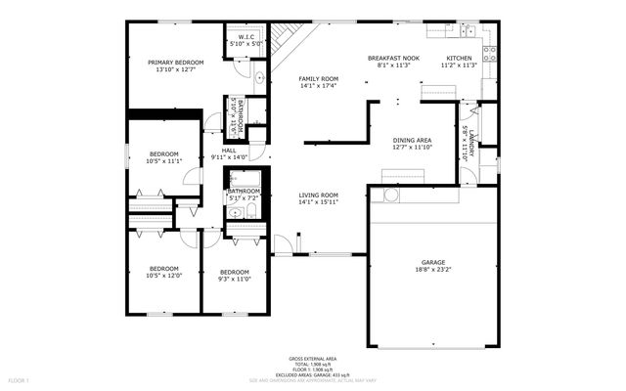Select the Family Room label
318,78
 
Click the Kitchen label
459,59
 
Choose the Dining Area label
412,141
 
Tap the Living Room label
318,195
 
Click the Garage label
433,262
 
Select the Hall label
229,151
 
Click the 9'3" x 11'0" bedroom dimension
235,280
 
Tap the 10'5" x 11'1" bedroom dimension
164,161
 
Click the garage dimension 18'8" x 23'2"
433,270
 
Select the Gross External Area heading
312,360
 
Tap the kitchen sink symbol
469,30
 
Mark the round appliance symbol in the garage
391,195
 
